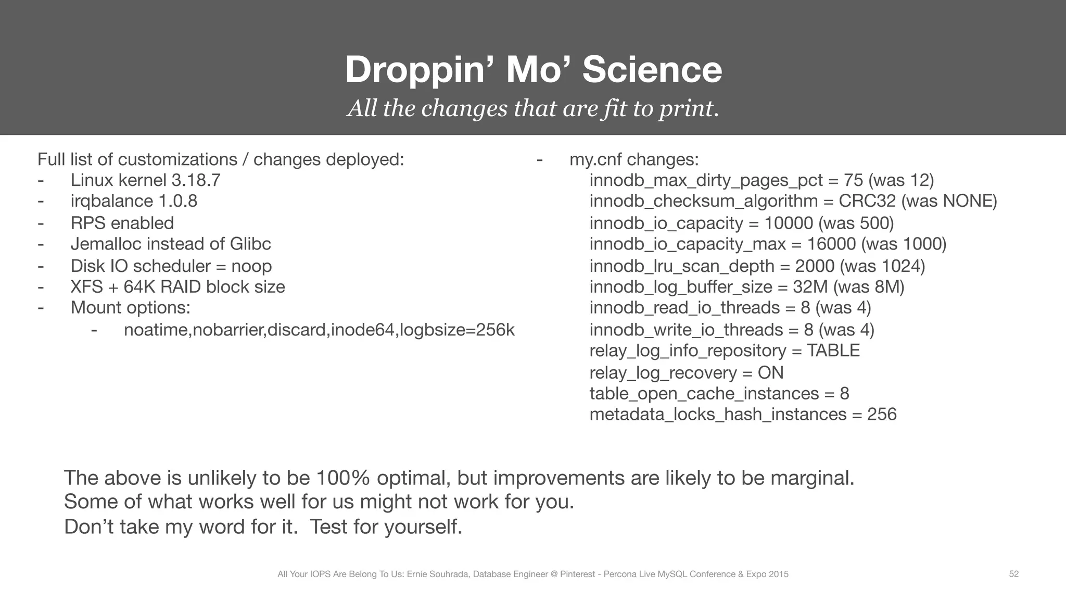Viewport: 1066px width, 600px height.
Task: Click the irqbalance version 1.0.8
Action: (x=177, y=201)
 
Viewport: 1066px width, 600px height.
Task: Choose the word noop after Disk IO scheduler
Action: (x=251, y=266)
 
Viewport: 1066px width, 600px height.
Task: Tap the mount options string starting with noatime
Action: (x=319, y=330)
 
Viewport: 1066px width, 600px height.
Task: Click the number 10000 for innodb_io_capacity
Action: (x=788, y=223)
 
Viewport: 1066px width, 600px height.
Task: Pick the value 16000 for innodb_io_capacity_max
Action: (x=831, y=244)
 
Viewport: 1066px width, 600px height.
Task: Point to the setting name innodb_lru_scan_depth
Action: (x=682, y=266)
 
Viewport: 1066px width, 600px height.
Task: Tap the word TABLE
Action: (x=833, y=351)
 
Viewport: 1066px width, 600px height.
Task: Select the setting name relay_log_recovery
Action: (x=663, y=373)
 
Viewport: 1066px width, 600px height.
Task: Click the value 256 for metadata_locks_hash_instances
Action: (x=882, y=415)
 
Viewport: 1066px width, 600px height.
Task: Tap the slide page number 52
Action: (x=1013, y=574)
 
